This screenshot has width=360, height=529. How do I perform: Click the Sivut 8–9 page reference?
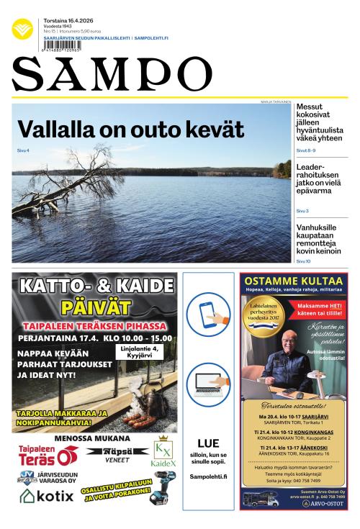pyautogui.click(x=306, y=150)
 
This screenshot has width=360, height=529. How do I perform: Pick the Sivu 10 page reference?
pyautogui.click(x=303, y=261)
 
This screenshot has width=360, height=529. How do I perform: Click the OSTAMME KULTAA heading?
pyautogui.click(x=293, y=281)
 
